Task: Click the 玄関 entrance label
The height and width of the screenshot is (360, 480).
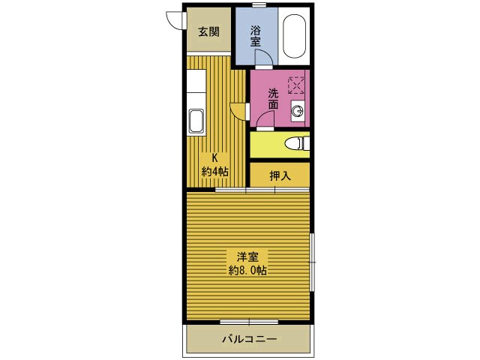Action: [x=208, y=31]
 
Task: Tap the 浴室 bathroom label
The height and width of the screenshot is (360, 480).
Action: [x=255, y=36]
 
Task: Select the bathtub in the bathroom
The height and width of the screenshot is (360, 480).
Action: [x=294, y=36]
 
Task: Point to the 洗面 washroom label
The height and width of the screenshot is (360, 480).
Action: [x=273, y=98]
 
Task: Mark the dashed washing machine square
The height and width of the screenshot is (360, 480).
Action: [x=296, y=85]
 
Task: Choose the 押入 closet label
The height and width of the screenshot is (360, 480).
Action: [x=280, y=175]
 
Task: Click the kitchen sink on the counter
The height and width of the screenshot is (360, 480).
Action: [x=196, y=121]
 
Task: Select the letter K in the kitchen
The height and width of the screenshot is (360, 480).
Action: [x=215, y=158]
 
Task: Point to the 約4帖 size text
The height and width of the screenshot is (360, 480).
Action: [x=215, y=172]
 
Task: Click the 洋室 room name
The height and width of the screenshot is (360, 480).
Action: [x=247, y=257]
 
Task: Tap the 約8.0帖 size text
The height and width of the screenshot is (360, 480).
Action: [x=247, y=271]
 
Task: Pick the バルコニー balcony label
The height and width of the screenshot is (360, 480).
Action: [x=250, y=339]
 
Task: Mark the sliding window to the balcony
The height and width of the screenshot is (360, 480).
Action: [x=249, y=322]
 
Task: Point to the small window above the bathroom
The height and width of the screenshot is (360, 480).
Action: [x=259, y=4]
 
